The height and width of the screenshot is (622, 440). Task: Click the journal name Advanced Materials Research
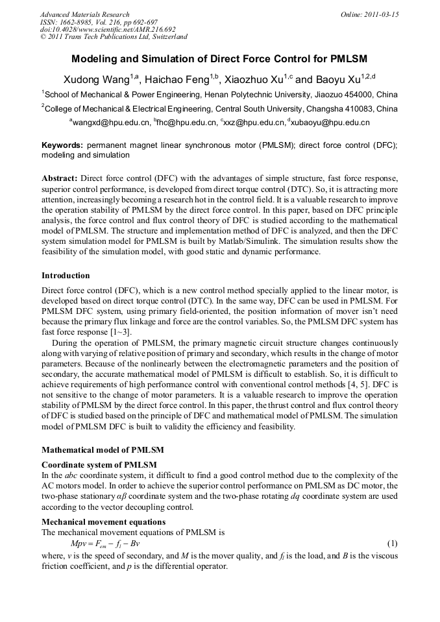84,14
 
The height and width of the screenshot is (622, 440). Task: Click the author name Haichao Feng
178,79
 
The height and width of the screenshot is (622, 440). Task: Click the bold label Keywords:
62,145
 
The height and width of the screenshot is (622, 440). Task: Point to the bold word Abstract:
60,178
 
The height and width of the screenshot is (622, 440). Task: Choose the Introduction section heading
66,276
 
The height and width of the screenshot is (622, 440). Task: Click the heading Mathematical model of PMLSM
103,449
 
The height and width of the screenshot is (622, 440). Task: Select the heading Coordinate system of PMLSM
99,464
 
